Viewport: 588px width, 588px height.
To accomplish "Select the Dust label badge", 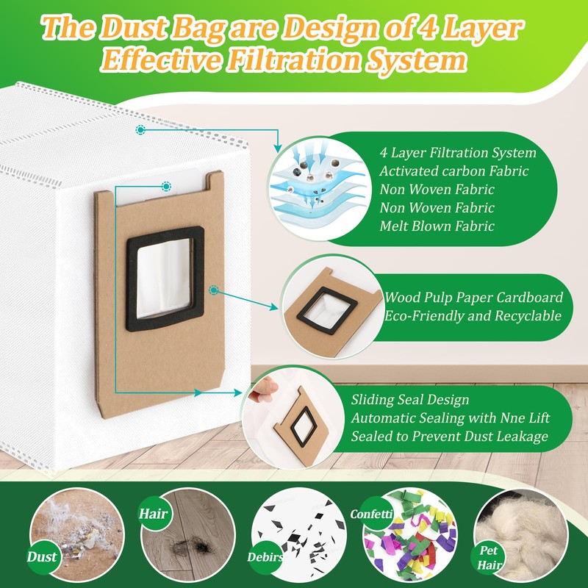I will click(x=43, y=556).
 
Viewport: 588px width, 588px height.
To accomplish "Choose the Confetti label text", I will click(x=372, y=514).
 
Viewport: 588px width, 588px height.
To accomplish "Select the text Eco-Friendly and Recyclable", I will click(x=473, y=316).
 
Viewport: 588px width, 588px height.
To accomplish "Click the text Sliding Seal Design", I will click(x=409, y=401).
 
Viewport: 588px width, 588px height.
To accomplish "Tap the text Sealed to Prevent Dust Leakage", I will click(x=450, y=436).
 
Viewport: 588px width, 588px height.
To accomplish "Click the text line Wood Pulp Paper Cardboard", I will click(x=473, y=298).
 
